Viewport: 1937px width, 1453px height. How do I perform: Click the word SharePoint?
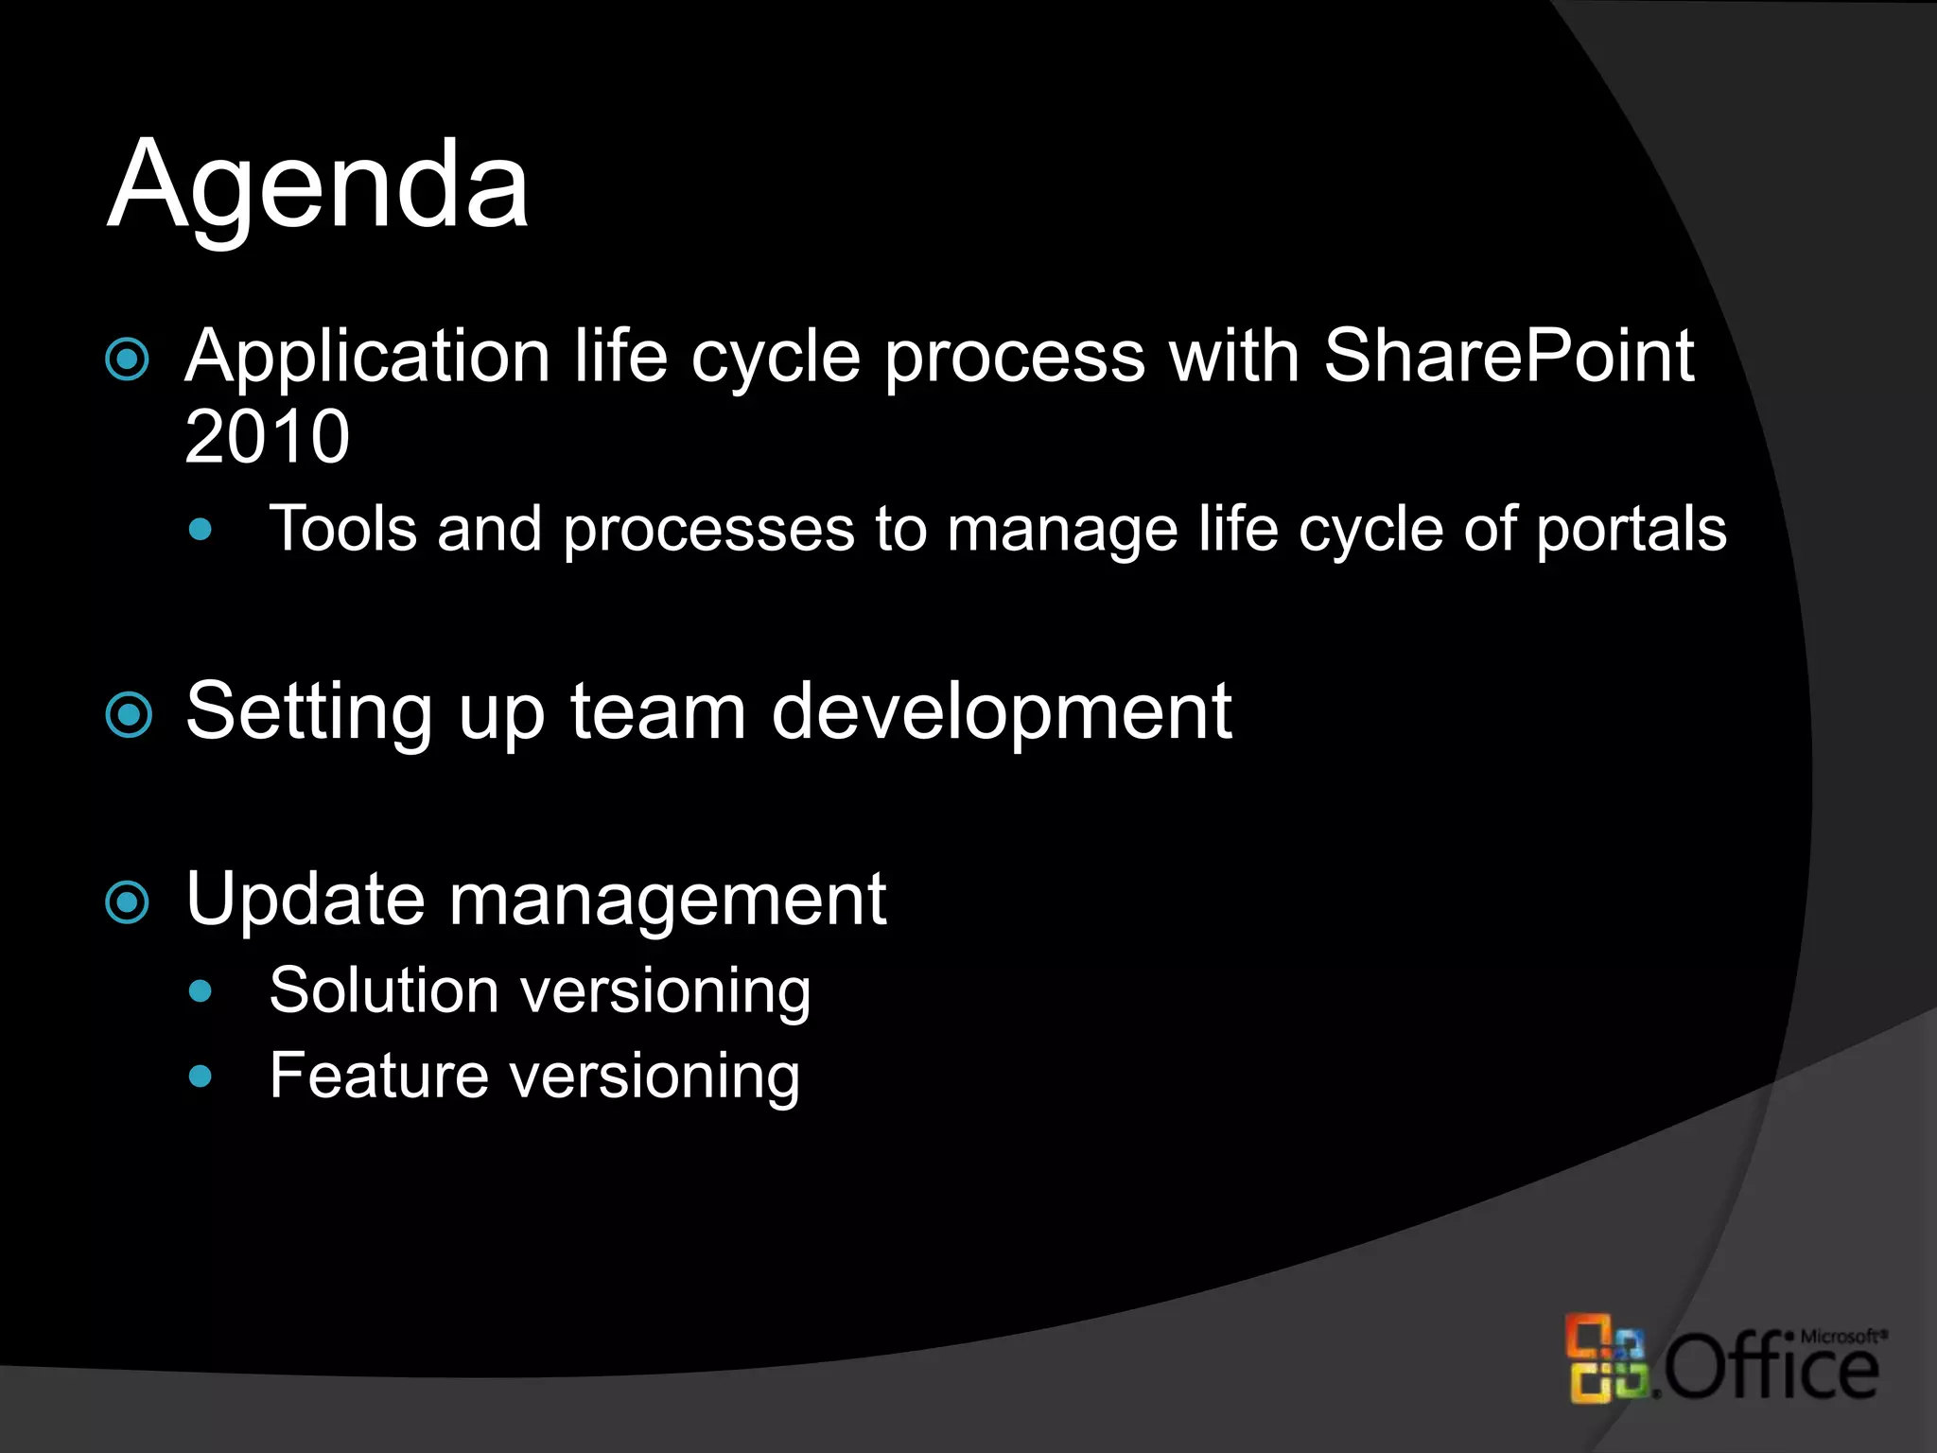coord(1508,356)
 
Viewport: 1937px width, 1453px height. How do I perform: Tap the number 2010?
coord(267,436)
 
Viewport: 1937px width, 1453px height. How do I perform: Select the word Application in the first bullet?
coord(367,358)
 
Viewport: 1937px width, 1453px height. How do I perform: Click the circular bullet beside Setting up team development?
coord(129,714)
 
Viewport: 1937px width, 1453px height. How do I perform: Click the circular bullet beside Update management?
coord(128,902)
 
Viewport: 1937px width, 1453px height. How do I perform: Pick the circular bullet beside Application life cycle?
coord(128,359)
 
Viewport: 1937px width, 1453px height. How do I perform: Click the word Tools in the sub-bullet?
coord(342,528)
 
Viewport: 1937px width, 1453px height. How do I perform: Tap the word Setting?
coord(309,711)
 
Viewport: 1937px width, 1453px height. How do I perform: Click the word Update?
coord(305,899)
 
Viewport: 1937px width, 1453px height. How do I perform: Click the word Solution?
coord(383,990)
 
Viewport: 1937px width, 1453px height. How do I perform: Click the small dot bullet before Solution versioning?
coord(200,991)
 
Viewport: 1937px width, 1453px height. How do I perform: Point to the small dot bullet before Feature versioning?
coord(200,1076)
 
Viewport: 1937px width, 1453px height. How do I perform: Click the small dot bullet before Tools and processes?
coord(200,529)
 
